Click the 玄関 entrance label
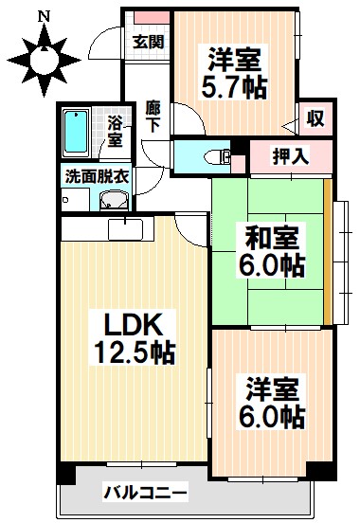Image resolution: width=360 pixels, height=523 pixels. (x=148, y=42)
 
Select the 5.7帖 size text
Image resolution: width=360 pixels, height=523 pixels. (x=232, y=88)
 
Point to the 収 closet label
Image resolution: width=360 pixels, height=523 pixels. (x=315, y=119)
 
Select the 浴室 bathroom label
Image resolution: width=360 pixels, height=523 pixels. (x=114, y=131)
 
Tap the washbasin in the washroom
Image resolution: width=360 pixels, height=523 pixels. (x=114, y=199)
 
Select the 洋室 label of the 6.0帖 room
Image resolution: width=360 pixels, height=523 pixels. (x=270, y=388)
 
